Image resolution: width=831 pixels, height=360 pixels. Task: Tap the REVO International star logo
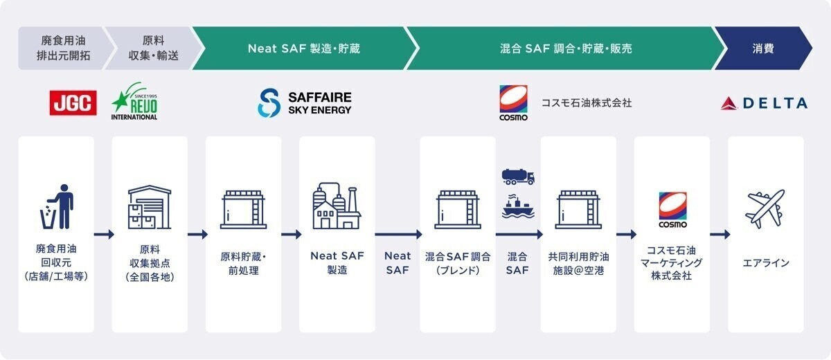tap(134, 103)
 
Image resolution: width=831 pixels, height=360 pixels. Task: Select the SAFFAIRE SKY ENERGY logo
tap(305, 102)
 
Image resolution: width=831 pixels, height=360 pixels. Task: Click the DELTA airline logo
tap(765, 103)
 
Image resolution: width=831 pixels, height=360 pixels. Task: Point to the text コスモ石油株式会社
tap(587, 103)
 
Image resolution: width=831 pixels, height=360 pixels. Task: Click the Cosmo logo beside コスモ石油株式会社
tap(513, 102)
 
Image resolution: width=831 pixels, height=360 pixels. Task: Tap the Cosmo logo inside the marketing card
tap(672, 210)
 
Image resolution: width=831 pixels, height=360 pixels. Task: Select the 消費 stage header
tap(763, 48)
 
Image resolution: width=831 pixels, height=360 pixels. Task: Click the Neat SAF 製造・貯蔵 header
tap(303, 48)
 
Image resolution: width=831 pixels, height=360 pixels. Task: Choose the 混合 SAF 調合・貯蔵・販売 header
tap(565, 48)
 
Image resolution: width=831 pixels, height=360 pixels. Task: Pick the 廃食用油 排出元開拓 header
tap(63, 48)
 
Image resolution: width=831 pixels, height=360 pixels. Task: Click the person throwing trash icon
tap(56, 206)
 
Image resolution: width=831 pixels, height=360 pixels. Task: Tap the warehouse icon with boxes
tap(150, 207)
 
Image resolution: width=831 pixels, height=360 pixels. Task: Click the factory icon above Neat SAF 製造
tap(337, 206)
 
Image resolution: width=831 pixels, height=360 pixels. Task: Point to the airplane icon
tap(766, 208)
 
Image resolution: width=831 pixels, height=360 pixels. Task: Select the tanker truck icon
tap(517, 177)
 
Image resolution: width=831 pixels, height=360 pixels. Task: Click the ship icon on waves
tap(517, 207)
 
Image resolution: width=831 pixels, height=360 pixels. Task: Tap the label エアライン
tap(766, 263)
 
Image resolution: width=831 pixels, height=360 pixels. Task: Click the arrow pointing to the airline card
tap(720, 234)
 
